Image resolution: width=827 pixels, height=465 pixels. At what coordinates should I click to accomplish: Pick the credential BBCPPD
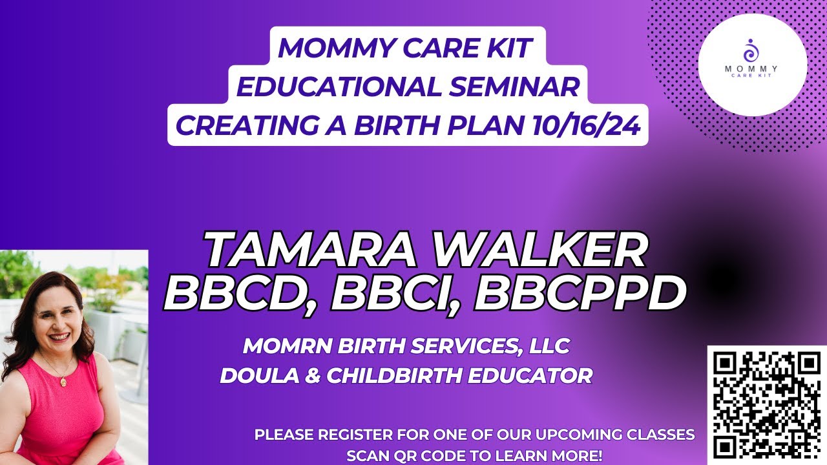[x=580, y=294]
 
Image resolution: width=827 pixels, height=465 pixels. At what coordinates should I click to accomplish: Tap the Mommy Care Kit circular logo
[x=752, y=65]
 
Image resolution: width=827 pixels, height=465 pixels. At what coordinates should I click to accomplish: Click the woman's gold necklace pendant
[x=63, y=382]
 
